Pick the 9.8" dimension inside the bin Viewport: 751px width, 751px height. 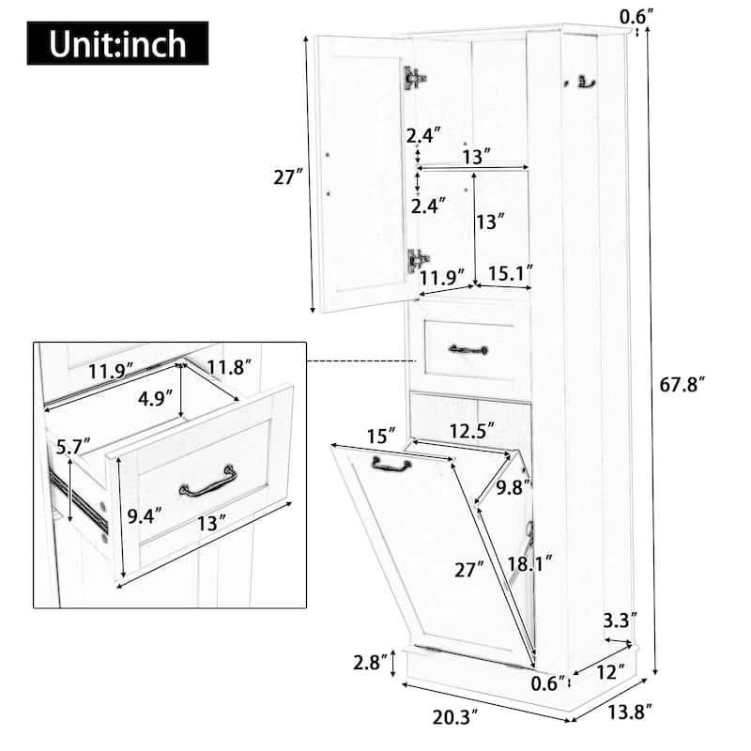tap(513, 487)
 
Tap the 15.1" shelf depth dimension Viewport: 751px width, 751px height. tap(511, 275)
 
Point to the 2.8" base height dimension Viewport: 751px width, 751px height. tap(369, 664)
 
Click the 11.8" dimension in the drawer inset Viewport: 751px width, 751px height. tap(228, 366)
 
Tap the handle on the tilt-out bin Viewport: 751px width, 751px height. tap(391, 463)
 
